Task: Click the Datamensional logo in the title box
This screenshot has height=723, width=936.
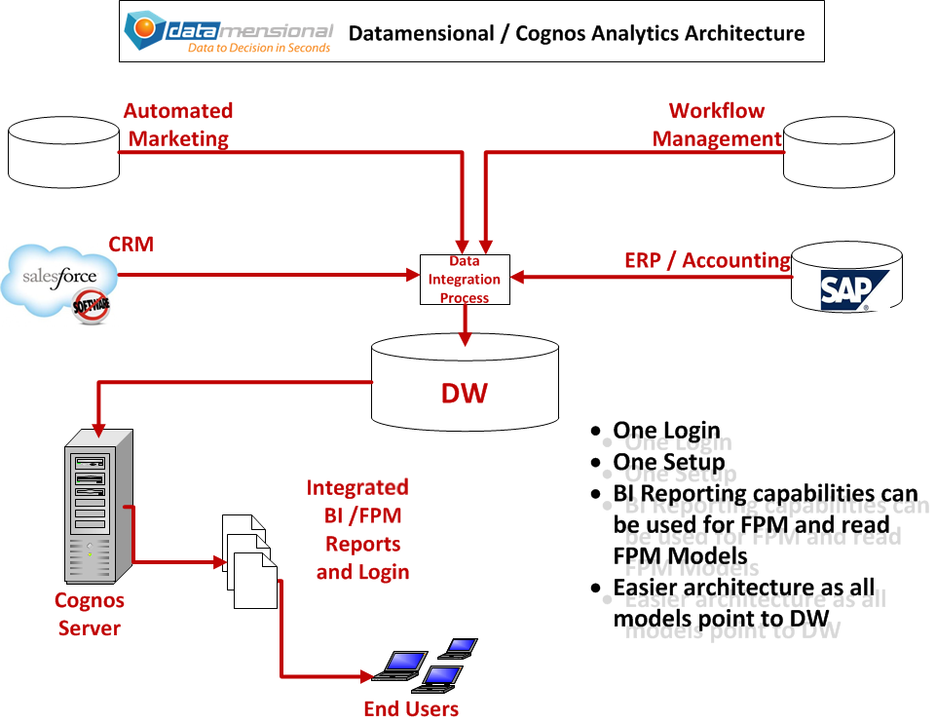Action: coord(229,33)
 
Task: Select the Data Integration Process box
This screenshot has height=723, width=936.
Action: coord(465,280)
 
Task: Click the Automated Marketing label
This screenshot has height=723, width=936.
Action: coord(178,125)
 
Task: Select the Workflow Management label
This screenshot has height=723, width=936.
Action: coord(717,125)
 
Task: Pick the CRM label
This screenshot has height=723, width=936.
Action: coord(131,244)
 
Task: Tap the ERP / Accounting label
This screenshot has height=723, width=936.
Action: coord(707,260)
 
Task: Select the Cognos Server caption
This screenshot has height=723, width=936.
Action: coord(89,614)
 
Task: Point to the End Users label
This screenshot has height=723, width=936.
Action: coord(411,708)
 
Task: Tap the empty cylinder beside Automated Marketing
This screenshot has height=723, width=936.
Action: coord(63,152)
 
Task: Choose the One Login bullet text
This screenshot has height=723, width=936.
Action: coord(666,431)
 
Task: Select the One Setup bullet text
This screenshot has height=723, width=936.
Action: coord(668,463)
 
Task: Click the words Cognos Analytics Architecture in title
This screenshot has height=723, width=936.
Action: coord(659,33)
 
